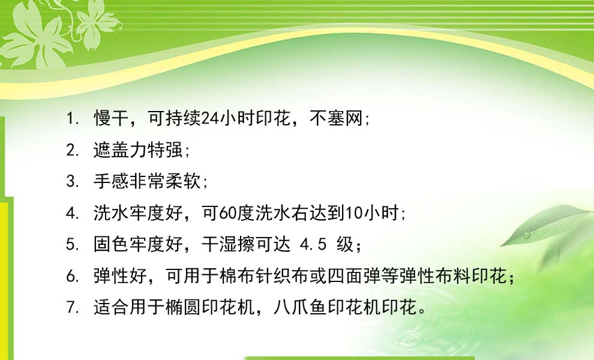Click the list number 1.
[x=70, y=119]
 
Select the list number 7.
[x=70, y=307]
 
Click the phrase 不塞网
[x=337, y=118]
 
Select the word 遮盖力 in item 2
[x=120, y=149]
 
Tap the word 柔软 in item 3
[x=183, y=181]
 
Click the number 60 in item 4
[x=227, y=213]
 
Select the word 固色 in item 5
[x=112, y=244]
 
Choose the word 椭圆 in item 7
[x=183, y=307]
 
